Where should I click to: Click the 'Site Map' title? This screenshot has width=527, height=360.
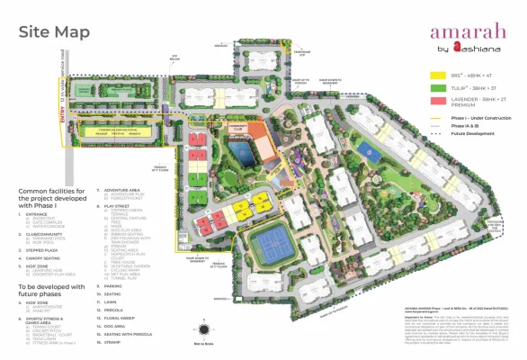(53, 31)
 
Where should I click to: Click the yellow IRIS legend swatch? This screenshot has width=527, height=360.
(437, 76)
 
